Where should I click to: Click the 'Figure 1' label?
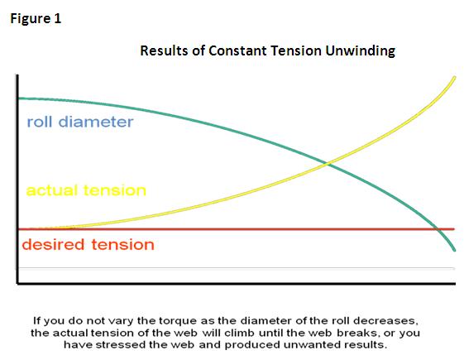pos(36,19)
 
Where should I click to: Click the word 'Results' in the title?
pos(165,50)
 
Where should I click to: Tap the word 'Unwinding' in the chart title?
pos(360,51)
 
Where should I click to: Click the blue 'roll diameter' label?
pos(80,122)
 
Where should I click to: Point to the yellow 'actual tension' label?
pos(86,190)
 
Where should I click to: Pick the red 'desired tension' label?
pos(88,245)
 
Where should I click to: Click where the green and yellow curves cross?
pos(327,163)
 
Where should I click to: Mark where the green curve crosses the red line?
pos(437,229)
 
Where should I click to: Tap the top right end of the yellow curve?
pos(455,78)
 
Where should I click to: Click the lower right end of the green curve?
pos(455,251)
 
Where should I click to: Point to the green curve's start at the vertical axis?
pos(19,98)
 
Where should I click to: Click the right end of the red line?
pos(454,229)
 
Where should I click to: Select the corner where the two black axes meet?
pos(17,283)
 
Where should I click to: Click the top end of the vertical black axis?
pos(17,75)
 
